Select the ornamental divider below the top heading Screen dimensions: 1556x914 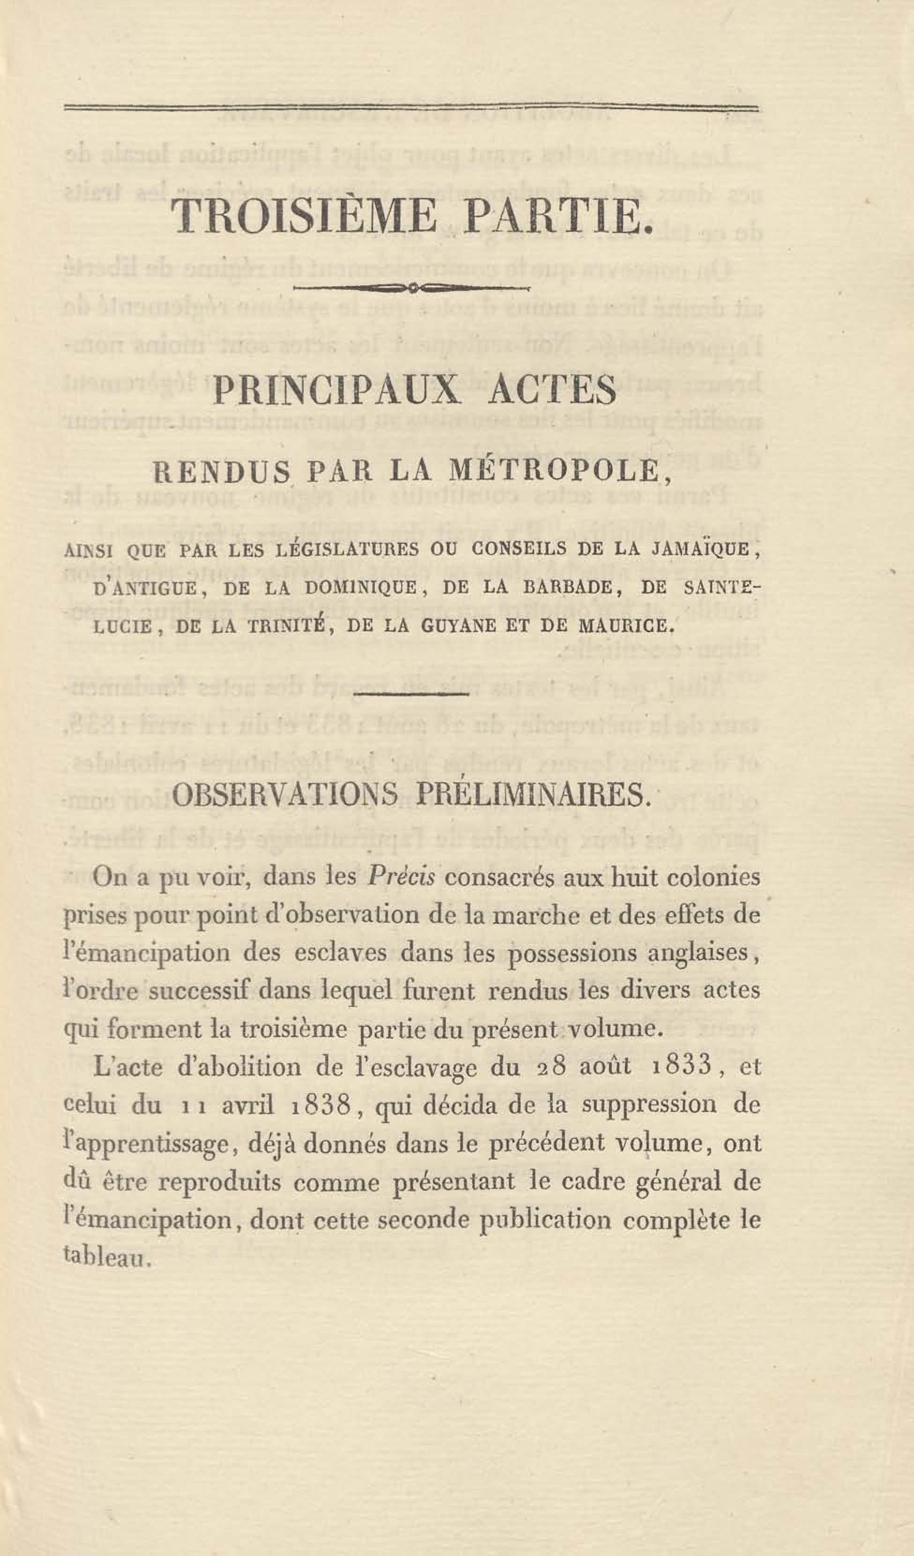click(411, 288)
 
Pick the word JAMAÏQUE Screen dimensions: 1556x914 click(702, 551)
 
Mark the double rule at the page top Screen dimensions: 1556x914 click(411, 109)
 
